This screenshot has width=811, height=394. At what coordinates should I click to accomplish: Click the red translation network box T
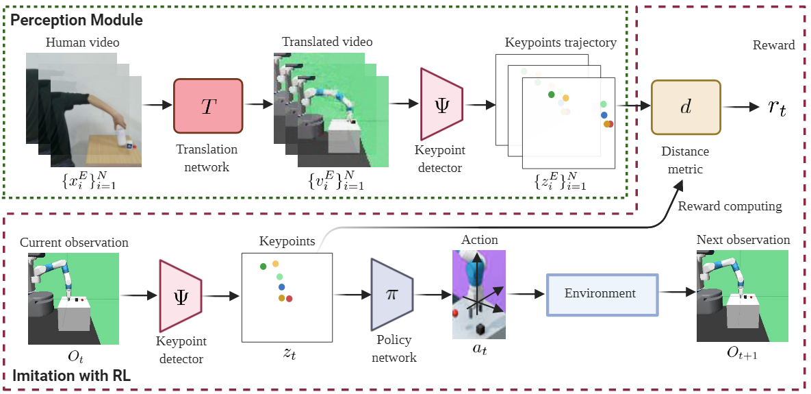(209, 106)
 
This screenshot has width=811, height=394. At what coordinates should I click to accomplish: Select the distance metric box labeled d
(686, 108)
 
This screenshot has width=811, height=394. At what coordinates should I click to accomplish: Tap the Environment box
(602, 294)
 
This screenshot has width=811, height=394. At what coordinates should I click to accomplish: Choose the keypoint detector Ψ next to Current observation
(180, 296)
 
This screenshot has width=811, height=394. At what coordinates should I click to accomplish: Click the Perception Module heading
(76, 20)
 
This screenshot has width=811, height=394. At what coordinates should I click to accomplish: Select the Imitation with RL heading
(71, 375)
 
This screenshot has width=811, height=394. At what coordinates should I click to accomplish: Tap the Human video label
(82, 42)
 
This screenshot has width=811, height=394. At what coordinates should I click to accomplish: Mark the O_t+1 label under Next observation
(742, 354)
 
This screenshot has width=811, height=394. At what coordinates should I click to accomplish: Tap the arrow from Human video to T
(157, 105)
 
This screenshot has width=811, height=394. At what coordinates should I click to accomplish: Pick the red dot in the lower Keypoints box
(289, 299)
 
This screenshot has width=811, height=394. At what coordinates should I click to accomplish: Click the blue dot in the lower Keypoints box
(281, 286)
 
